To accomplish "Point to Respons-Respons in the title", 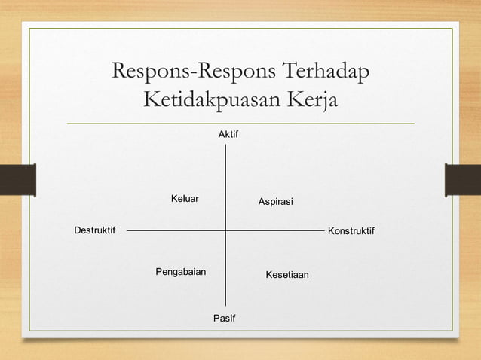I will pos(192,72).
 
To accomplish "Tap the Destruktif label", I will pos(94,230).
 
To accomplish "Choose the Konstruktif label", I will pos(351,230).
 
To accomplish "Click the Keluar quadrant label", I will pos(185,199).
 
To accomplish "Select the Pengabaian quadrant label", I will pos(181,271).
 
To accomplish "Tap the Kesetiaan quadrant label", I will pos(287,276).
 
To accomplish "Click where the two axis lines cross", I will pos(225,230).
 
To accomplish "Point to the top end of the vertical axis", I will pos(225,144).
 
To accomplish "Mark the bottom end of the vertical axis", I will pos(225,306).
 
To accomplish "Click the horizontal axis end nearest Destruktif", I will pos(127,230).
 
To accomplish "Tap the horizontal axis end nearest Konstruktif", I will pos(323,230).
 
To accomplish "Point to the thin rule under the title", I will pos(240,123).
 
